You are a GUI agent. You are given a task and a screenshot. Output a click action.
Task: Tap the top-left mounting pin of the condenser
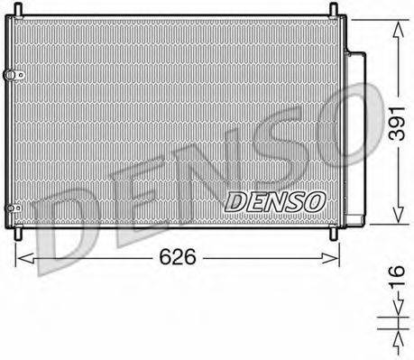[15, 10]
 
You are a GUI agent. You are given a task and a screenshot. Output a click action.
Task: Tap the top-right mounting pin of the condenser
[334, 10]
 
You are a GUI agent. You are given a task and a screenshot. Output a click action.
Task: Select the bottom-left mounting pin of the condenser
[15, 234]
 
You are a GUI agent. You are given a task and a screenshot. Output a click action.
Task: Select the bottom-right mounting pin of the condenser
[334, 234]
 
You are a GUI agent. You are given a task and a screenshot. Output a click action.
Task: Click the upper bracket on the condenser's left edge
[12, 75]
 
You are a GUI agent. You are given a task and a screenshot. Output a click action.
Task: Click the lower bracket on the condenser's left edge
[12, 208]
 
